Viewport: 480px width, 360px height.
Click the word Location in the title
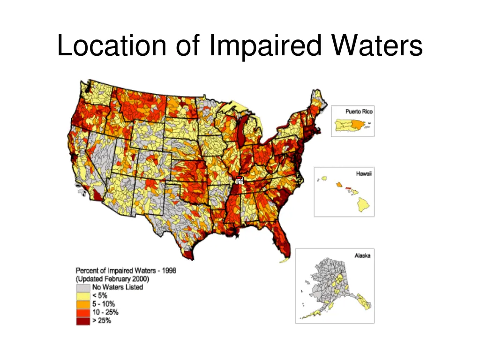coord(112,46)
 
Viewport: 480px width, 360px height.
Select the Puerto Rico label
coord(359,112)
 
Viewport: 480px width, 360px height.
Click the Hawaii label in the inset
coord(364,173)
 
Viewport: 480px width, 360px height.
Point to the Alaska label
coord(362,255)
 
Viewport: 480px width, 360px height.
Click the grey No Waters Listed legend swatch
coord(83,287)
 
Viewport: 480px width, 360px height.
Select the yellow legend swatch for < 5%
coord(83,296)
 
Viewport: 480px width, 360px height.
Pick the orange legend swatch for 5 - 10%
coord(83,304)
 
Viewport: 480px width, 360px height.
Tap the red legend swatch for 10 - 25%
coord(83,313)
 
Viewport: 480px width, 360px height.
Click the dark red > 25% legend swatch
coord(83,321)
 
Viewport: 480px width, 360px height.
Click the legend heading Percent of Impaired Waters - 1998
coord(126,271)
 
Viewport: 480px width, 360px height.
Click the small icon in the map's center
coord(240,180)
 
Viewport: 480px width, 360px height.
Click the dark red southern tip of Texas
coord(188,255)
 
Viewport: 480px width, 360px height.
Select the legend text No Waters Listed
coord(117,287)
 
